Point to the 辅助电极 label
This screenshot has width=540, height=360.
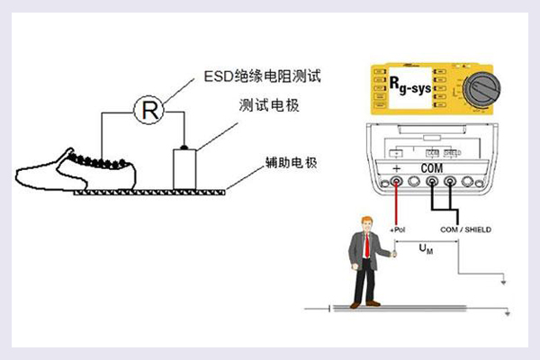pyautogui.click(x=288, y=163)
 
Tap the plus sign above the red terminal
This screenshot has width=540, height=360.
pyautogui.click(x=396, y=168)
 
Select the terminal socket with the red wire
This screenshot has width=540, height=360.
pyautogui.click(x=395, y=183)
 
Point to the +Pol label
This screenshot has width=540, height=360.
pyautogui.click(x=399, y=230)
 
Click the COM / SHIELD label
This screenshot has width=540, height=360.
pyautogui.click(x=465, y=230)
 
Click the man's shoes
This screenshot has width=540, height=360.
pyautogui.click(x=364, y=301)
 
